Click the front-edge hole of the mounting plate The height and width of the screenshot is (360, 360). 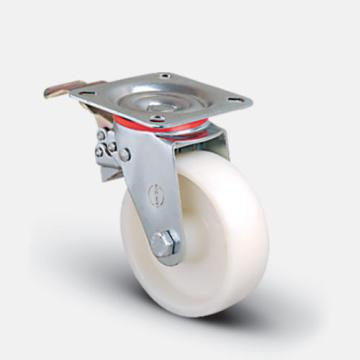click(157, 117)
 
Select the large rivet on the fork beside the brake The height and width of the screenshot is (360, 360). click(125, 155)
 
